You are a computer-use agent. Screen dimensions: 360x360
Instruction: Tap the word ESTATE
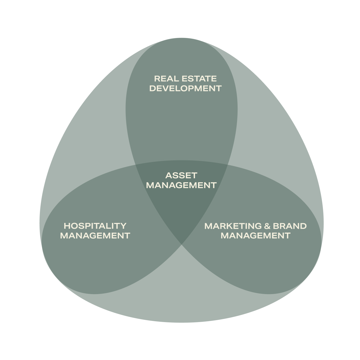point(199,79)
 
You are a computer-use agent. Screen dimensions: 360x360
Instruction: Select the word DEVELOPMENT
point(186,89)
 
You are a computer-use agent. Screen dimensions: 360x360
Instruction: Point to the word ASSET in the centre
point(181,176)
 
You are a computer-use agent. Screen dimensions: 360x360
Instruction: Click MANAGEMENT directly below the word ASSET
point(181,185)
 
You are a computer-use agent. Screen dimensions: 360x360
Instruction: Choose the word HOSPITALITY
point(95,226)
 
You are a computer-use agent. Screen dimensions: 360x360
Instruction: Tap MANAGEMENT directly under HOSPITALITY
point(95,236)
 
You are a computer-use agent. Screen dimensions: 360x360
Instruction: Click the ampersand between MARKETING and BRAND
point(268,226)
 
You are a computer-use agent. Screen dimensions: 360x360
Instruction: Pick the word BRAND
point(290,226)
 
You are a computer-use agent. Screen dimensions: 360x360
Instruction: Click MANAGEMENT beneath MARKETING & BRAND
point(256,236)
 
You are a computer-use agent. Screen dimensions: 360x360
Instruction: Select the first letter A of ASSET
point(169,176)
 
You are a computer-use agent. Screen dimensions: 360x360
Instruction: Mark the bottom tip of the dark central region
point(182,244)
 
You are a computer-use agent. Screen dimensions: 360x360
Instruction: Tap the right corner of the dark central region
point(228,165)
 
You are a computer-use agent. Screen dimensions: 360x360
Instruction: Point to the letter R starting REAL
point(157,79)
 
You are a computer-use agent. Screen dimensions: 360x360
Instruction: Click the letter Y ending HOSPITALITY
point(124,226)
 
